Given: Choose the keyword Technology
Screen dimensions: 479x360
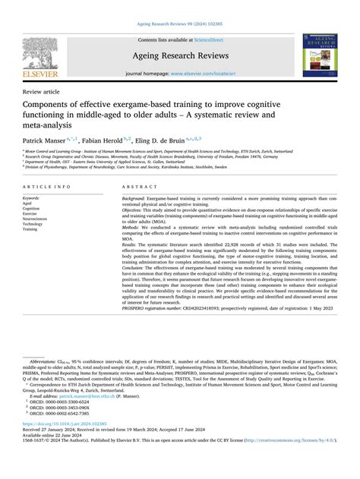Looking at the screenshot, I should (35, 225).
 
